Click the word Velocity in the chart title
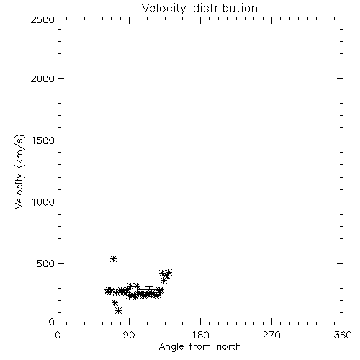pos(164,9)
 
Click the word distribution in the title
pos(225,8)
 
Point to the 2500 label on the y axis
pos(42,19)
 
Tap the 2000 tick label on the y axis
pos(42,78)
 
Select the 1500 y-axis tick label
pos(43,140)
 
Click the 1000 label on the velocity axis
pos(43,202)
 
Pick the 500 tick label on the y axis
pos(46,264)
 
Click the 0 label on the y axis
pos(52,322)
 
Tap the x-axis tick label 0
pos(58,335)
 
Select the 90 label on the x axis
pos(129,335)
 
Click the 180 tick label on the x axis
pos(200,335)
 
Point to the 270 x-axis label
pos(271,335)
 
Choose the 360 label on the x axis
pos(343,335)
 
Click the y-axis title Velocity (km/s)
pos(19,171)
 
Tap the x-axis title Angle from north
pos(200,347)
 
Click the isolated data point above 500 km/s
pos(113,258)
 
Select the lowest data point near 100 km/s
pos(118,311)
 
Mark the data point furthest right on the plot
pos(168,273)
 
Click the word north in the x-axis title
pos(229,347)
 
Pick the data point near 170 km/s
pos(114,302)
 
